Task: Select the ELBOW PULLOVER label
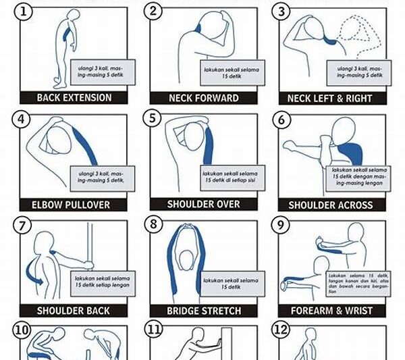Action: pos(70,204)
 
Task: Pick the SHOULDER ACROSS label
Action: pos(331,205)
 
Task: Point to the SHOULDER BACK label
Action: pos(71,311)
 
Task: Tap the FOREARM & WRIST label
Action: pos(331,311)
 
